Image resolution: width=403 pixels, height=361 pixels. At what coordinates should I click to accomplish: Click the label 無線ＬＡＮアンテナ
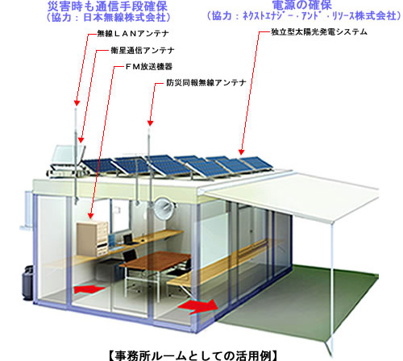tap(133, 34)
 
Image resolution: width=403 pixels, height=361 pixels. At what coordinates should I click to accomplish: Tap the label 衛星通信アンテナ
tap(143, 50)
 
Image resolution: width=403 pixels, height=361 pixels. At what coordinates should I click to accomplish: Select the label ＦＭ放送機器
tap(149, 67)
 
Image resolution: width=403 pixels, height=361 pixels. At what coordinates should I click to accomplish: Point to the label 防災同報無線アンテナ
tap(206, 82)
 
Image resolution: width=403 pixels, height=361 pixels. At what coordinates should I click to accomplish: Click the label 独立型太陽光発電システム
tap(319, 32)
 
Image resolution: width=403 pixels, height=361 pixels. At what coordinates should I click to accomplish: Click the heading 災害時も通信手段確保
tap(107, 6)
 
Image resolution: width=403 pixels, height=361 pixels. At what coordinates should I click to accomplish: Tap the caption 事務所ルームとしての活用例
tap(193, 355)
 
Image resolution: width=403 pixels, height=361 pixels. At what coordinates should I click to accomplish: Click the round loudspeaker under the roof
tap(164, 209)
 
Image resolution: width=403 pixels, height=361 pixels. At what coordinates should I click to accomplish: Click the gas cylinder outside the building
tap(27, 283)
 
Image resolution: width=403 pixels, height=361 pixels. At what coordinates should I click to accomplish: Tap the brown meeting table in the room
tap(156, 259)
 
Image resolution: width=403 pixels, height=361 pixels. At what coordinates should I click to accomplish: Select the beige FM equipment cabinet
tap(92, 238)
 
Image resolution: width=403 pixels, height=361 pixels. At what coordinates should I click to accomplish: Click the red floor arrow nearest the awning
tap(199, 305)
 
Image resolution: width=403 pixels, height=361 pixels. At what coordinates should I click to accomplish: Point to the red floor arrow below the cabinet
tap(89, 289)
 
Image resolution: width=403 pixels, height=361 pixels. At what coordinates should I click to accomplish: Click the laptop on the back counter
tap(128, 239)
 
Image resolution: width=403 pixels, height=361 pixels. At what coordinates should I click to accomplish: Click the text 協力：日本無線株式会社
tap(109, 17)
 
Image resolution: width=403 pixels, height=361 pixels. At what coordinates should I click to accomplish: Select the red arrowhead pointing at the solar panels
tap(241, 152)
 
